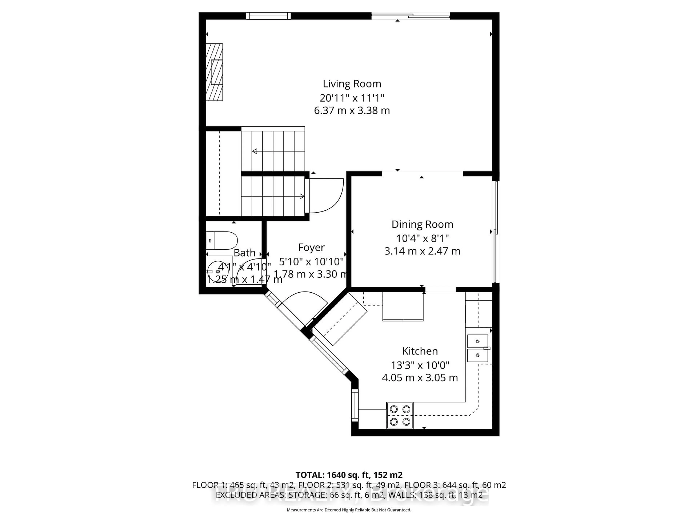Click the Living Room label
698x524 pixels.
pyautogui.click(x=352, y=84)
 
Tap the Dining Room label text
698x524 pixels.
pyautogui.click(x=422, y=224)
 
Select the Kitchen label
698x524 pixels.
pyautogui.click(x=420, y=351)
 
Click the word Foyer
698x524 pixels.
pyautogui.click(x=311, y=247)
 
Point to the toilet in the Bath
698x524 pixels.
pyautogui.click(x=222, y=241)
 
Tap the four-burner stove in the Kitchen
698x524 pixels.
pyautogui.click(x=400, y=415)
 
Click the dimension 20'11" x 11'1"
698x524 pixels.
pyautogui.click(x=352, y=98)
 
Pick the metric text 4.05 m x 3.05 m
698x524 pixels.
pyautogui.click(x=420, y=378)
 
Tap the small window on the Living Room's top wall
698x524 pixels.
pyautogui.click(x=268, y=16)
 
